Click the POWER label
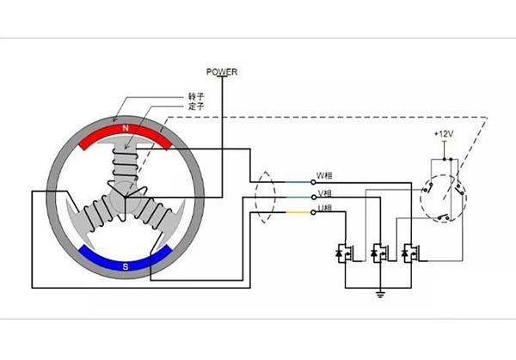(221, 71)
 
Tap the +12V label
(445, 135)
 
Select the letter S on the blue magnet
(126, 267)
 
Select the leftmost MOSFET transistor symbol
(345, 253)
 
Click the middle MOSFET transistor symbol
(376, 253)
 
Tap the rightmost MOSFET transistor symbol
(407, 253)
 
